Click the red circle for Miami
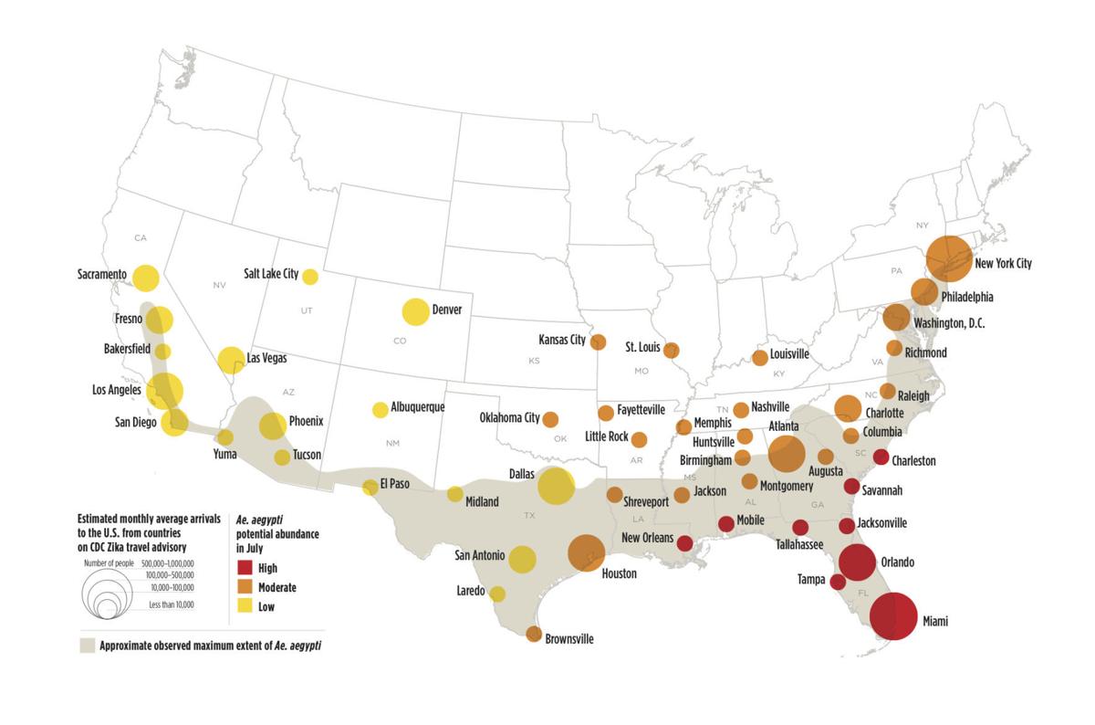click(893, 616)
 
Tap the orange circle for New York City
click(949, 257)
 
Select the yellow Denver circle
click(414, 311)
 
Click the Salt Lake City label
click(271, 273)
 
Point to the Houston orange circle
click(586, 552)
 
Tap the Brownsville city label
click(568, 639)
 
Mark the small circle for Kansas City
click(599, 342)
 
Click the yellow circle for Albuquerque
click(380, 410)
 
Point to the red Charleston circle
click(881, 457)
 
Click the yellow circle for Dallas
click(556, 485)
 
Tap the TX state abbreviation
click(528, 516)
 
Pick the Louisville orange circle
click(759, 357)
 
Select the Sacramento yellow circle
click(145, 278)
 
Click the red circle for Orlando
click(858, 562)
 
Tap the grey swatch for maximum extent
click(87, 646)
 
